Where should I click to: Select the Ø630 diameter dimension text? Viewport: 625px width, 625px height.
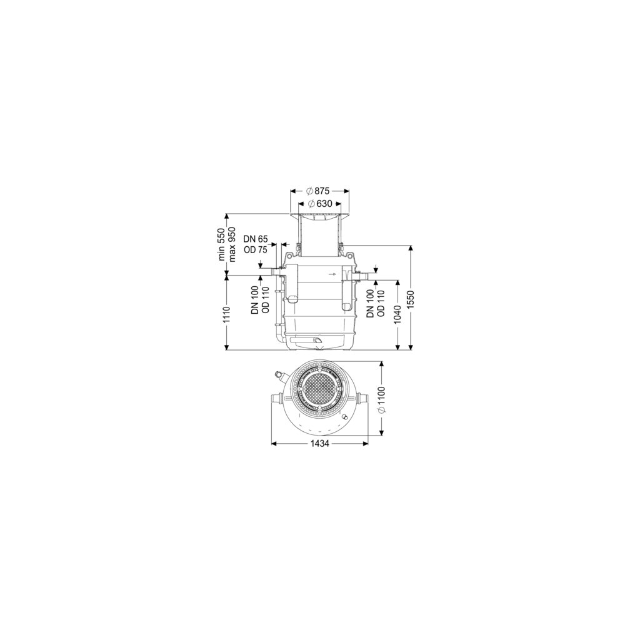tap(320, 204)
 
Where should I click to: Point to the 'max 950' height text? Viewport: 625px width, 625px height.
tap(232, 244)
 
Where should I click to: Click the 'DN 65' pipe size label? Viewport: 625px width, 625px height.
tap(256, 239)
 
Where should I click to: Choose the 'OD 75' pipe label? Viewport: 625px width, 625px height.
tap(256, 250)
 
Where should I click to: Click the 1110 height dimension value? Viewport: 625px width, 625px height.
tap(227, 314)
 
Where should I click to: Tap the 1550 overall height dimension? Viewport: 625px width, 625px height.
tap(411, 299)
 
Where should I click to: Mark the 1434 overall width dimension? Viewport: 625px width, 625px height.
tap(319, 443)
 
